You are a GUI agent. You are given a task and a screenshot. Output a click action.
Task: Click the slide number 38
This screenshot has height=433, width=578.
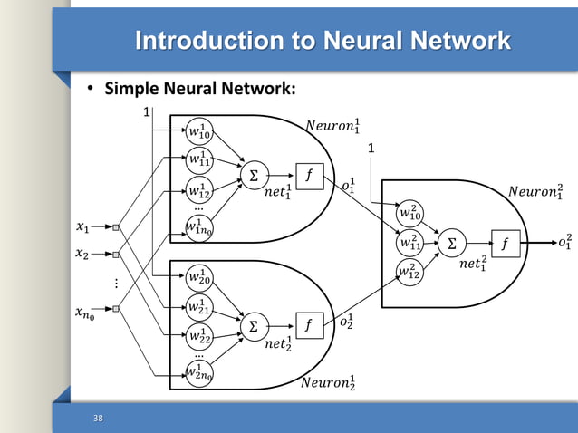coord(98,418)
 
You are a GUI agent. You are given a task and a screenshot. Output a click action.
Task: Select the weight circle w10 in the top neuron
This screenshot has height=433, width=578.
coord(200,132)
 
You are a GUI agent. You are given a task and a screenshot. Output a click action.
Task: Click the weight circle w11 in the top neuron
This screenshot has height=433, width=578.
coord(200,161)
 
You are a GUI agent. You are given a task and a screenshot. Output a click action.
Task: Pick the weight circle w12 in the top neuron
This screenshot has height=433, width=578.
coord(200,190)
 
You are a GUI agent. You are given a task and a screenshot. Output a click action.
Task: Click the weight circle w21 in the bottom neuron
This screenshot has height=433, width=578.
coord(200,306)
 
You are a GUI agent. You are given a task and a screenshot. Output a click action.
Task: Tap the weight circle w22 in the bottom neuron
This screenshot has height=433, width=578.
coord(200,336)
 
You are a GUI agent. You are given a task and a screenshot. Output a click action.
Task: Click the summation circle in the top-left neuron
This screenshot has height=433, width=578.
coord(253,178)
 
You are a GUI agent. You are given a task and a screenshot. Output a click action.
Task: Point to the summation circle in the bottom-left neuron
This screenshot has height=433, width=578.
coord(253,324)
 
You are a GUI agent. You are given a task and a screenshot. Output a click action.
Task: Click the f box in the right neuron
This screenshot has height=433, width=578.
coord(505,243)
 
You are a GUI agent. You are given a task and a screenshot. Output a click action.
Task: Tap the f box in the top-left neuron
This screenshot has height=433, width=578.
coord(308,178)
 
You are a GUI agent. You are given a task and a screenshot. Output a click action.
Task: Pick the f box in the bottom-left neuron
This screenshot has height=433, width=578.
coord(308,324)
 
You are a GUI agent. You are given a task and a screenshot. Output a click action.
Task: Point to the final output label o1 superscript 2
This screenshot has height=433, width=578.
coord(564,242)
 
